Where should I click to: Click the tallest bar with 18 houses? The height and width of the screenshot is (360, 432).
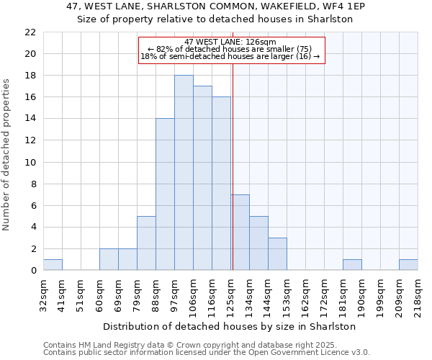tap(184, 173)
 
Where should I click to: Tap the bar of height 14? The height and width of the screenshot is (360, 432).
tap(165, 194)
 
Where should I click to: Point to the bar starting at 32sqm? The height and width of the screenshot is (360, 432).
tap(53, 264)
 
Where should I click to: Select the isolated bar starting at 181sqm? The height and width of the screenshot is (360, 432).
tap(352, 264)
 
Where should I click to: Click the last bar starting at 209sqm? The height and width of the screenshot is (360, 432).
tap(408, 264)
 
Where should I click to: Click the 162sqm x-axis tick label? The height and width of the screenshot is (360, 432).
tap(306, 294)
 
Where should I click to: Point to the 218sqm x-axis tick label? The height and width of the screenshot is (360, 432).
tap(418, 294)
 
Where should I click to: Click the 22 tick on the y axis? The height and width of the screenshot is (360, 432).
tap(30, 32)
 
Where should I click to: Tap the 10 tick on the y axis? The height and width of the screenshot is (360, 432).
tap(30, 162)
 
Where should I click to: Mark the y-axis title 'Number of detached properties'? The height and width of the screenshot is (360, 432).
tap(7, 155)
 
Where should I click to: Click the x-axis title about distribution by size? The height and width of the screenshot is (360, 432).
tap(230, 326)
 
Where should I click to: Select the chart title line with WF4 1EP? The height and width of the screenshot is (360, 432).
tap(215, 6)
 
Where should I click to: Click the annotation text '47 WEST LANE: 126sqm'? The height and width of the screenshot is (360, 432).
tap(230, 42)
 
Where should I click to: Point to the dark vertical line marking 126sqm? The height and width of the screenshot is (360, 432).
tap(233, 166)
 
